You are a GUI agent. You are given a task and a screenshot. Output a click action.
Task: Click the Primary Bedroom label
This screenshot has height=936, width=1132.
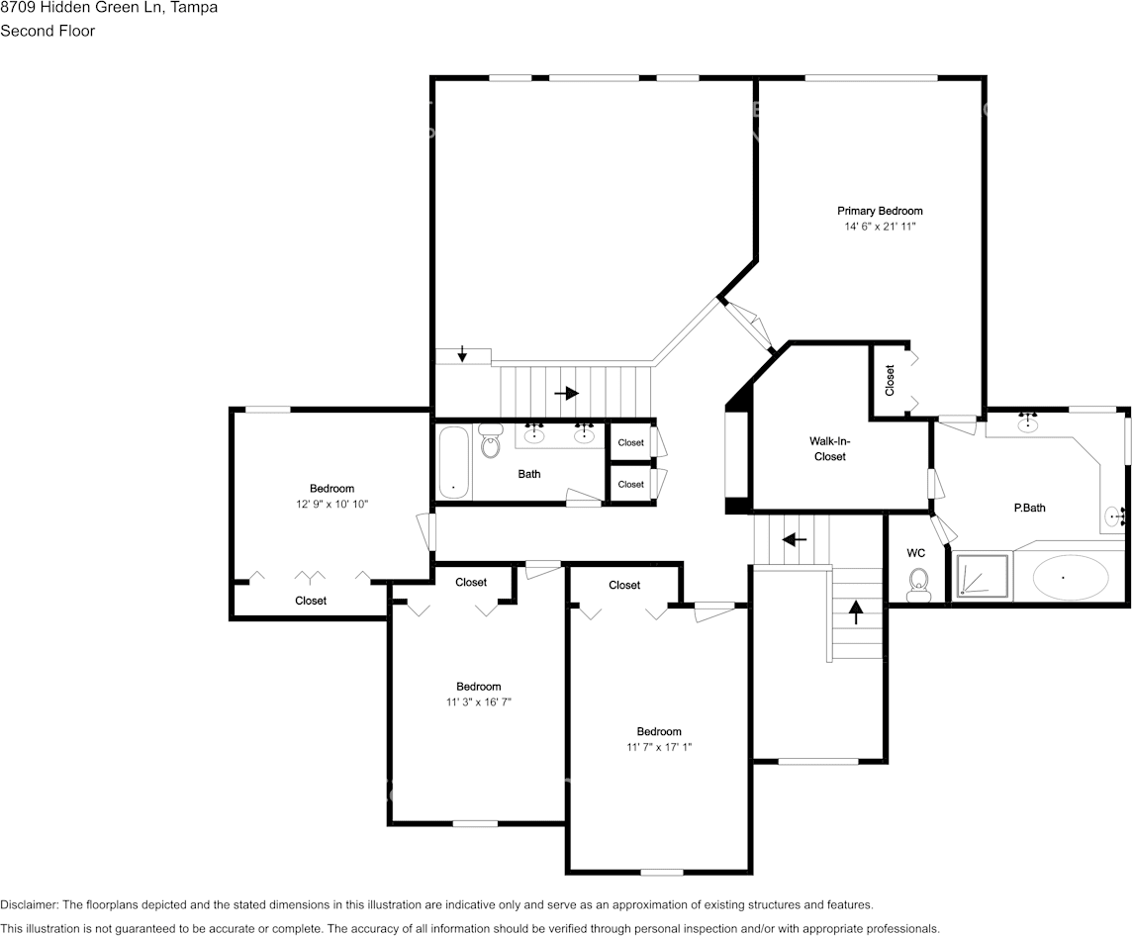[880, 211]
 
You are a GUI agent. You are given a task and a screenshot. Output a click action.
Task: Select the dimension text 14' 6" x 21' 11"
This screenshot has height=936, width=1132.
[880, 227]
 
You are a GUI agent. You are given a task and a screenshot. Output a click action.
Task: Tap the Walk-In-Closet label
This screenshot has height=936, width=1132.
[829, 448]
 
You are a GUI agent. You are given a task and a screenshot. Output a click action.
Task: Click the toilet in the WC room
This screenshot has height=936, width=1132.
[918, 584]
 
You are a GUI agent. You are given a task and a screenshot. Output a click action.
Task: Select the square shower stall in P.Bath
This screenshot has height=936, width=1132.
[983, 576]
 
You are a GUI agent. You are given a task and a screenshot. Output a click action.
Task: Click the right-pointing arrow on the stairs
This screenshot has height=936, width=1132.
[566, 393]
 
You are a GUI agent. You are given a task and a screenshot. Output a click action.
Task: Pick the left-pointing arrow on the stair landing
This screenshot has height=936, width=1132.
[794, 540]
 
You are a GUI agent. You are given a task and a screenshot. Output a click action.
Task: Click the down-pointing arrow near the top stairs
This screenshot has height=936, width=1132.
[462, 354]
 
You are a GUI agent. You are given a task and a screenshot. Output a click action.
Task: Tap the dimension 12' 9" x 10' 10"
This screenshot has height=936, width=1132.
[331, 505]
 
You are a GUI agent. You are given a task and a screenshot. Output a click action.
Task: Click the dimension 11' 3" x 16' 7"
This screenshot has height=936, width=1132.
[478, 702]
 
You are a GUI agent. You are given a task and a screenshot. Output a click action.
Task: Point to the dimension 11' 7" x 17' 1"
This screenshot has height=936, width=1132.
[658, 748]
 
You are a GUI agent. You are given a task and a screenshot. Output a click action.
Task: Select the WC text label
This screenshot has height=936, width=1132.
[915, 553]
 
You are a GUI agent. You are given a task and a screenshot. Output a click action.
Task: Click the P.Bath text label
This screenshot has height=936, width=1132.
[1029, 508]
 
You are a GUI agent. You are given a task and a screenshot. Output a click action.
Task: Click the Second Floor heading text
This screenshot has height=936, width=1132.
[47, 31]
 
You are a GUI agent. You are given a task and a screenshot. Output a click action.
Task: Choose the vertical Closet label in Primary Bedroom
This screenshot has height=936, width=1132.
[890, 380]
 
